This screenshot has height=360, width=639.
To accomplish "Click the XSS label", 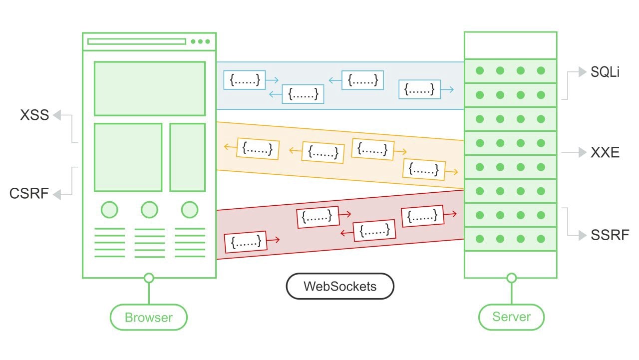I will (x=34, y=115).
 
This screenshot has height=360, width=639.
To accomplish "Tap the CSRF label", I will (x=29, y=193).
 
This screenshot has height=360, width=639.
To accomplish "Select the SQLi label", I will (x=605, y=72).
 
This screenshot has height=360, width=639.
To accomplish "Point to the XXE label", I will (x=605, y=153).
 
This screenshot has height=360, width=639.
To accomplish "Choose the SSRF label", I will (x=610, y=235).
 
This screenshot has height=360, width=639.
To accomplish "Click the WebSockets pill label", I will (x=340, y=287).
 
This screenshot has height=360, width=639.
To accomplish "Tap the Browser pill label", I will (x=148, y=317).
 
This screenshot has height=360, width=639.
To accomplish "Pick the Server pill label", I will (x=511, y=317).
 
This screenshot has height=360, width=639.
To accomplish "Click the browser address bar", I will (x=137, y=41).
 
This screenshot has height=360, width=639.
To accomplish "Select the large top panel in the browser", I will (x=149, y=88).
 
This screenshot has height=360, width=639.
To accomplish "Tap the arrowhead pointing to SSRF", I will (x=582, y=235).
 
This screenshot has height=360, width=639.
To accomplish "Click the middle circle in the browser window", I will (x=149, y=210).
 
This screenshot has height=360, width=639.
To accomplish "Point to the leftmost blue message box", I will (x=244, y=79).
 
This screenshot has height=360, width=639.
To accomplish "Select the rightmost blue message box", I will (x=419, y=89).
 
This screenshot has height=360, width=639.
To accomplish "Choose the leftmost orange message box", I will (x=258, y=148).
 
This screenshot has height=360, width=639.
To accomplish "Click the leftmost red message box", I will (x=246, y=242).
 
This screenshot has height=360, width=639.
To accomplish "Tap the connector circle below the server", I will (x=511, y=278).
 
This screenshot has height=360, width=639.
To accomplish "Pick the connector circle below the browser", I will (x=148, y=278).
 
